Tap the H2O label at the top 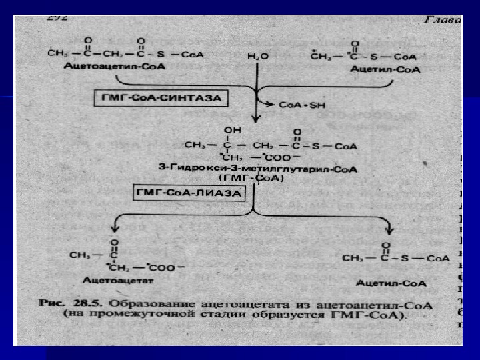(257, 57)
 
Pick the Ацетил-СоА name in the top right (394, 69)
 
